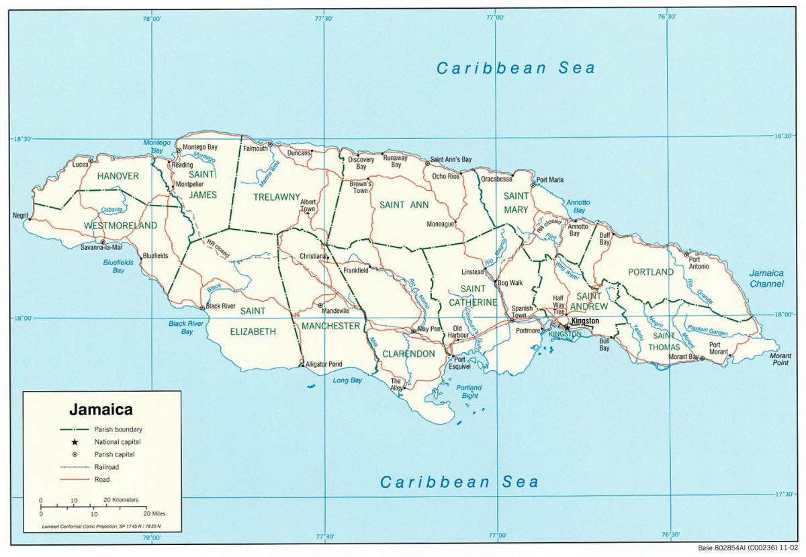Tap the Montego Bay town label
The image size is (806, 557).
[x=200, y=146]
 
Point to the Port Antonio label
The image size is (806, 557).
[x=699, y=263]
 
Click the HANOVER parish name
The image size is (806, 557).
[x=118, y=176]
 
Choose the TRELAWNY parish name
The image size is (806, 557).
[x=276, y=197]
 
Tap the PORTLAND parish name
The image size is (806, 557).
[x=650, y=272]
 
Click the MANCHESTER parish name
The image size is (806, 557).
[x=330, y=326]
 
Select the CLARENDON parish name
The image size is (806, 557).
[x=408, y=353]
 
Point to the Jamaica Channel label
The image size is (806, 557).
[x=766, y=278]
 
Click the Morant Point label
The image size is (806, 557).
[x=780, y=359]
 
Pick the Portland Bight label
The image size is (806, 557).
[x=469, y=392]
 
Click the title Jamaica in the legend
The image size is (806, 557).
[x=101, y=409]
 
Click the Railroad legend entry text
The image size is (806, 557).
[x=110, y=467]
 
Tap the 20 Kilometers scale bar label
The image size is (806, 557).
[x=121, y=500]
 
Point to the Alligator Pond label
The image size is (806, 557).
[x=324, y=364]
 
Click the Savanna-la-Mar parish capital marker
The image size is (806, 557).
[x=103, y=242]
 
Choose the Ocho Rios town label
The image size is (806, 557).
[x=445, y=176]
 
